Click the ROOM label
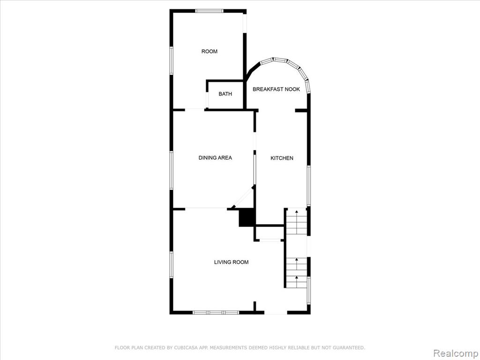210,52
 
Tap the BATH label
225,94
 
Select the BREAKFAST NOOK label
276,90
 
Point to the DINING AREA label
215,157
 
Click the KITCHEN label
282,158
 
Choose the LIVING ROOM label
231,262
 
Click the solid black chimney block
247,217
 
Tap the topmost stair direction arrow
296,212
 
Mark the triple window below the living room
216,313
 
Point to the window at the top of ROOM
210,11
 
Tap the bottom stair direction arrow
296,278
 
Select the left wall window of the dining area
172,170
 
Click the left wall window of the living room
172,265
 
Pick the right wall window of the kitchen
308,186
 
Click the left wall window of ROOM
172,60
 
